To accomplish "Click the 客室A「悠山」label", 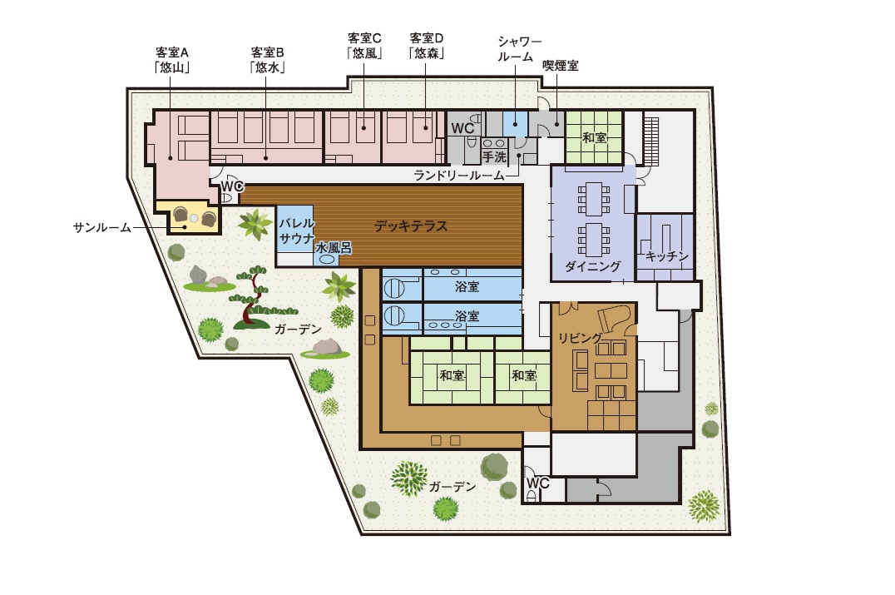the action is tap(172, 60).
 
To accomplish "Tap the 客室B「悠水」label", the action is tap(267, 60).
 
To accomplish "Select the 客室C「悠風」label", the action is tap(364, 46).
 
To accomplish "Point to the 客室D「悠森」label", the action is tap(427, 46).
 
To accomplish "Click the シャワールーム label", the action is tap(519, 49).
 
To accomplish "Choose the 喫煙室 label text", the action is tap(561, 66).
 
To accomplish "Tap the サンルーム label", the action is tap(102, 228).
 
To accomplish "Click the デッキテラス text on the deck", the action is tap(410, 226).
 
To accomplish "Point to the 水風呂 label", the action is tap(334, 248).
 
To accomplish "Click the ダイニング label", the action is tap(592, 266).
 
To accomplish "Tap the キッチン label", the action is tap(667, 256).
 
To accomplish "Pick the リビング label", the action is tap(580, 338).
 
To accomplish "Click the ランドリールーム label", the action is tap(459, 176).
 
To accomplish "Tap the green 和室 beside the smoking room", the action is tap(594, 137).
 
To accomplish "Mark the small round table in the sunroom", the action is tap(194, 217).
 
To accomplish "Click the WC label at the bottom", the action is tap(537, 483).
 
